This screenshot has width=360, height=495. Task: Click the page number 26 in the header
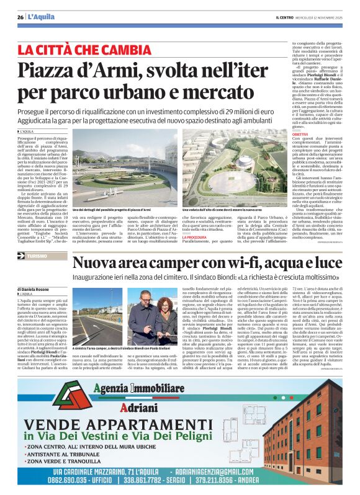[20, 17]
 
